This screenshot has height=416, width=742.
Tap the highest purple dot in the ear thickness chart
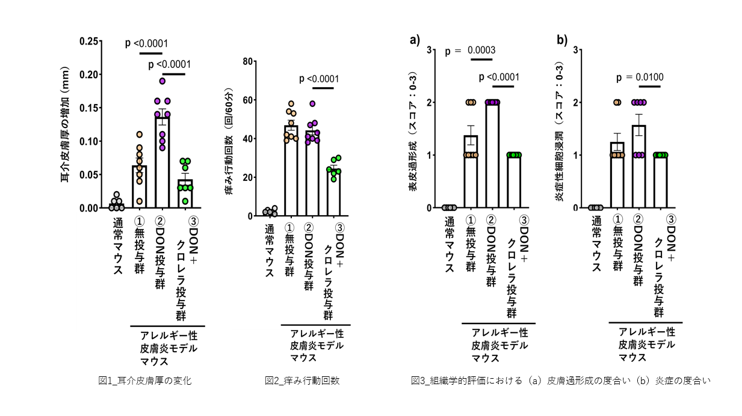[162, 81]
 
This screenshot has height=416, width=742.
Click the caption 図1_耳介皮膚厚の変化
[145, 381]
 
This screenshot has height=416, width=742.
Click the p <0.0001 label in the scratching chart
[318, 79]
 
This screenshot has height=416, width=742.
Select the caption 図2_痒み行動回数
[302, 381]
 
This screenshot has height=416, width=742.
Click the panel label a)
[414, 40]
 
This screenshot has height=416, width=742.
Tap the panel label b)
[561, 40]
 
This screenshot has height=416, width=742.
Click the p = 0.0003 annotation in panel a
[471, 50]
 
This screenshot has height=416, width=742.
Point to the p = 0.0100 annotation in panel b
[640, 78]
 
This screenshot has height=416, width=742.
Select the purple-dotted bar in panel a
[492, 155]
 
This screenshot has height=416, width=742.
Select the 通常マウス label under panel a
[449, 245]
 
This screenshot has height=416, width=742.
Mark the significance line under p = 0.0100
[649, 87]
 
